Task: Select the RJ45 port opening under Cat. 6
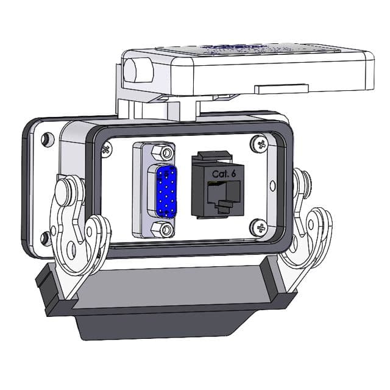click(x=219, y=194)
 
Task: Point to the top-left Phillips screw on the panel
click(x=108, y=148)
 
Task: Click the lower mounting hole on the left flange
click(x=43, y=236)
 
